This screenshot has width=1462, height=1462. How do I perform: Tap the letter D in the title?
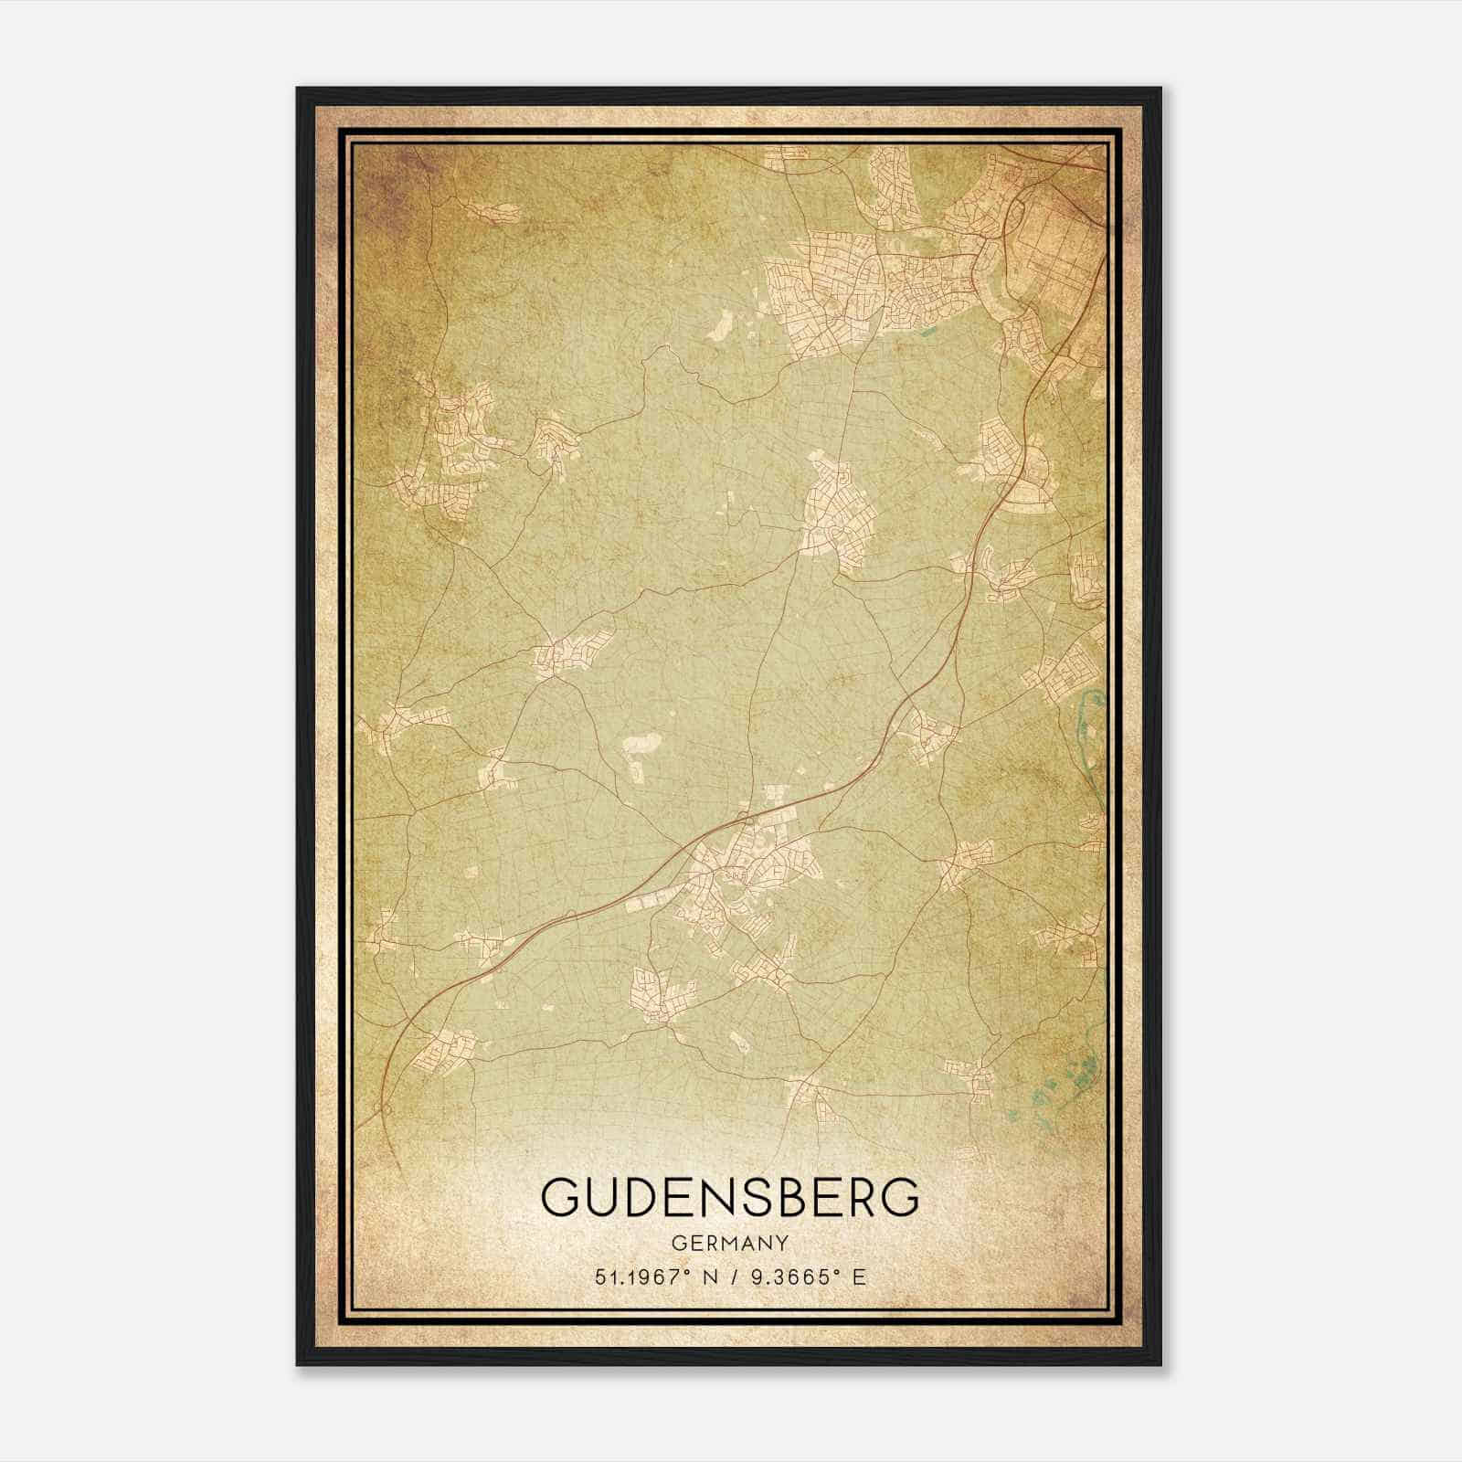point(656,1198)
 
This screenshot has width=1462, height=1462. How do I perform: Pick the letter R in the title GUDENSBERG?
point(869,1198)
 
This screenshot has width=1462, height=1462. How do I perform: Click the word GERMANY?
point(729,1243)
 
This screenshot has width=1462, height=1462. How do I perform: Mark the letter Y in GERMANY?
point(783,1243)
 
